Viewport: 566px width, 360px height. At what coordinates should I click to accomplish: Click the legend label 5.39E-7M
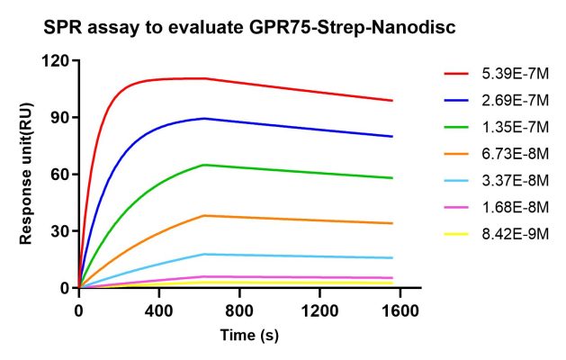click(508, 73)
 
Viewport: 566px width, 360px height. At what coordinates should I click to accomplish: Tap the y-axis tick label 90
click(62, 118)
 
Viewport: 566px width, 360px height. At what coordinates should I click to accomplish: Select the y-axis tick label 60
click(62, 175)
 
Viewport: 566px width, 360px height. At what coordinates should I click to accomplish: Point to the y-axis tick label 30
click(62, 231)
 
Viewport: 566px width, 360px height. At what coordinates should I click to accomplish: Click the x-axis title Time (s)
click(249, 336)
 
